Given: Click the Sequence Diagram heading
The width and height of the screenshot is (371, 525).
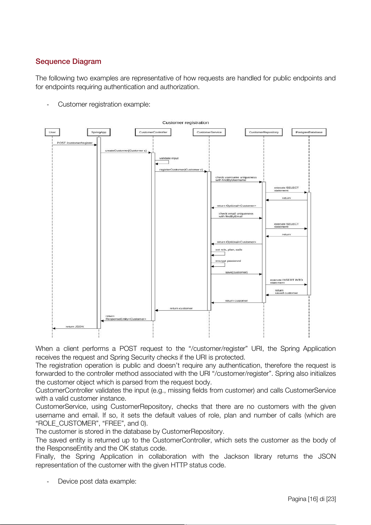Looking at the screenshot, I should (x=68, y=61).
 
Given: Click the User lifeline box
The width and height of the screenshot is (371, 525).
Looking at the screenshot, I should (x=52, y=132).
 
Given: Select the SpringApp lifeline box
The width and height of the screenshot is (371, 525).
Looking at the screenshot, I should (x=99, y=132).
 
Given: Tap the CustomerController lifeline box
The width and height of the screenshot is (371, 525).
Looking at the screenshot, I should (x=153, y=132).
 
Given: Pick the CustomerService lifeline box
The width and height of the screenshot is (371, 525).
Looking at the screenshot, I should (x=209, y=132).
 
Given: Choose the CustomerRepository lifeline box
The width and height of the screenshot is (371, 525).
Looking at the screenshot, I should (x=264, y=132).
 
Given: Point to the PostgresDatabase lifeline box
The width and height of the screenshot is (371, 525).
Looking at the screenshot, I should (x=309, y=132).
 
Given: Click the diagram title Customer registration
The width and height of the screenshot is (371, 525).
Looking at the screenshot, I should (x=186, y=123).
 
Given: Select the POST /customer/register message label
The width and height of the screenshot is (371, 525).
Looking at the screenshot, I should (x=75, y=143).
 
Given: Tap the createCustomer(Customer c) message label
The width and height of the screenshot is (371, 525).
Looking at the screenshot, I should (x=126, y=150).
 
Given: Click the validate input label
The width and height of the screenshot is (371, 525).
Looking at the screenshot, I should (x=169, y=158).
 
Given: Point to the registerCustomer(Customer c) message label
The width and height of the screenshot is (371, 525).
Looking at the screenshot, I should (x=181, y=170).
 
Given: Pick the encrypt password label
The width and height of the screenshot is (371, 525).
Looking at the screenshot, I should (x=228, y=261).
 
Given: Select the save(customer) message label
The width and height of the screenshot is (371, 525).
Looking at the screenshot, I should (x=236, y=272).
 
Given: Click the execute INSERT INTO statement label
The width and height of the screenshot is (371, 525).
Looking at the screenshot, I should (x=286, y=281).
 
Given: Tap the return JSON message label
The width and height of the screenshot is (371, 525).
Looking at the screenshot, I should (x=75, y=327).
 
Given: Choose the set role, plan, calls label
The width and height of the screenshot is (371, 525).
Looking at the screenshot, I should (x=229, y=250).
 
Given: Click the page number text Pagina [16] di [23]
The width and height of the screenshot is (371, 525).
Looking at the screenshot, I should (x=312, y=499).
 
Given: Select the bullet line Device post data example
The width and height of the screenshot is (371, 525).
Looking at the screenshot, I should (x=97, y=481).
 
